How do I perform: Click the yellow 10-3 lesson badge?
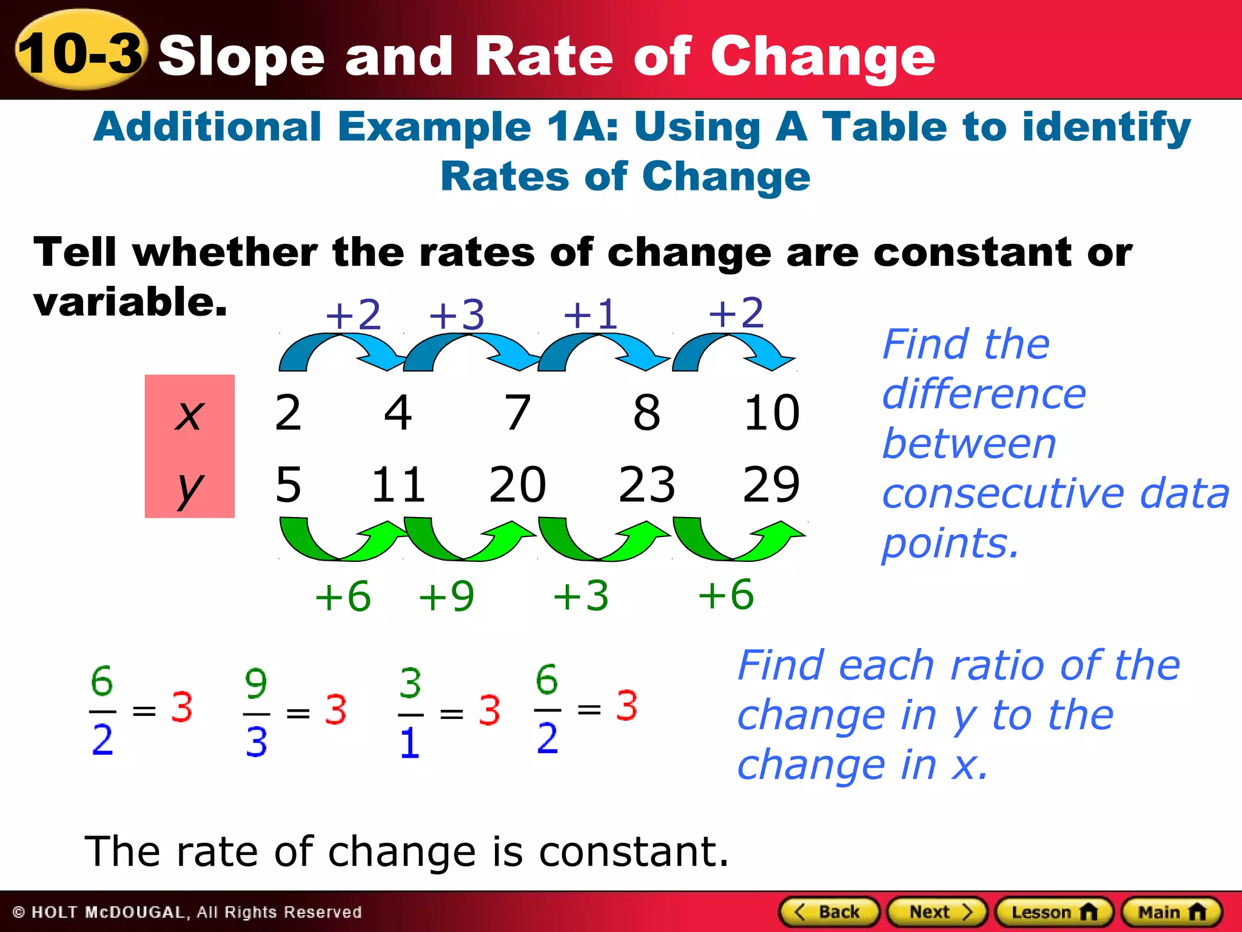pos(80,51)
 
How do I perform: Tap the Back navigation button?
pos(828,912)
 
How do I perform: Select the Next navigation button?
pos(937,912)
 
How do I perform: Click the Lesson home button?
pos(1053,912)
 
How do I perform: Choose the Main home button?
pos(1171,912)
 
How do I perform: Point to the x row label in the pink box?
pos(189,414)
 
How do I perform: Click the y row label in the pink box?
pos(189,487)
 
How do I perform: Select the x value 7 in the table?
pos(518,413)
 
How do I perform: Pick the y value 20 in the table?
pos(517,485)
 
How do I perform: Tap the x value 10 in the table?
pos(771,413)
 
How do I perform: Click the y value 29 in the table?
pos(771,485)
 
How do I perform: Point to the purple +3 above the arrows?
pos(457,315)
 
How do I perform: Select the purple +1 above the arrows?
pos(590,315)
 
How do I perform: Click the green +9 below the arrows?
pos(447,596)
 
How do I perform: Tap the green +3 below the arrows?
pos(581,596)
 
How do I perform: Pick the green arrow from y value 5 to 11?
pos(341,539)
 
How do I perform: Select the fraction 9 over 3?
pos(257,713)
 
